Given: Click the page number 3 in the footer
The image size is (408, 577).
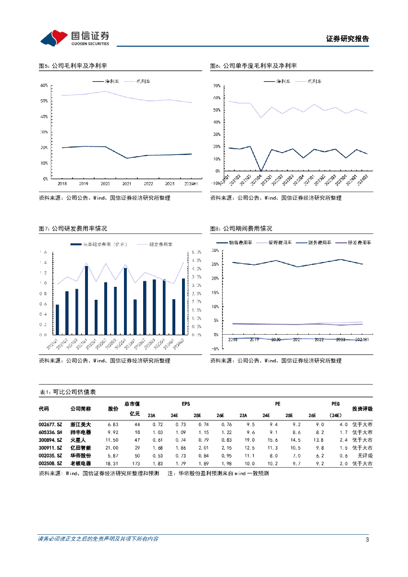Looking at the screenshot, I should tap(367, 540).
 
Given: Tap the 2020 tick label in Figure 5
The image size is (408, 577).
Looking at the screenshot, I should tap(104, 184).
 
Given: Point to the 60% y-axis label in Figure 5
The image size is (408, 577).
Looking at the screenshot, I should tap(43, 86).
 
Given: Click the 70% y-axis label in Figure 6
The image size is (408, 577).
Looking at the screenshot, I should tap(216, 86).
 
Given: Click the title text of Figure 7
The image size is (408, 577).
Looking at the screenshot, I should tap(73, 229).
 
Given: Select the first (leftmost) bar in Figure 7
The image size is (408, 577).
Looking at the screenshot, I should tap(57, 319).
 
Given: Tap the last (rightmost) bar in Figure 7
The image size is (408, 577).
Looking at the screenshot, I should tap(183, 307).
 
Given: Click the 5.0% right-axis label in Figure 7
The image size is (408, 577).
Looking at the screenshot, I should tap(197, 252).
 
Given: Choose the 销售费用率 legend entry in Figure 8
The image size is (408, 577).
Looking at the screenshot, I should tap(239, 242).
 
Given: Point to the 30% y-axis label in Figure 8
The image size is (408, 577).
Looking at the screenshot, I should tap(216, 250).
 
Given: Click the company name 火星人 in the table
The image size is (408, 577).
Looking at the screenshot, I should tap(78, 440).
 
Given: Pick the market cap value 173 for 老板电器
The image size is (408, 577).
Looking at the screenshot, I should tap(136, 463).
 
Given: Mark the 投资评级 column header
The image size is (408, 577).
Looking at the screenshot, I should tap(362, 409).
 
